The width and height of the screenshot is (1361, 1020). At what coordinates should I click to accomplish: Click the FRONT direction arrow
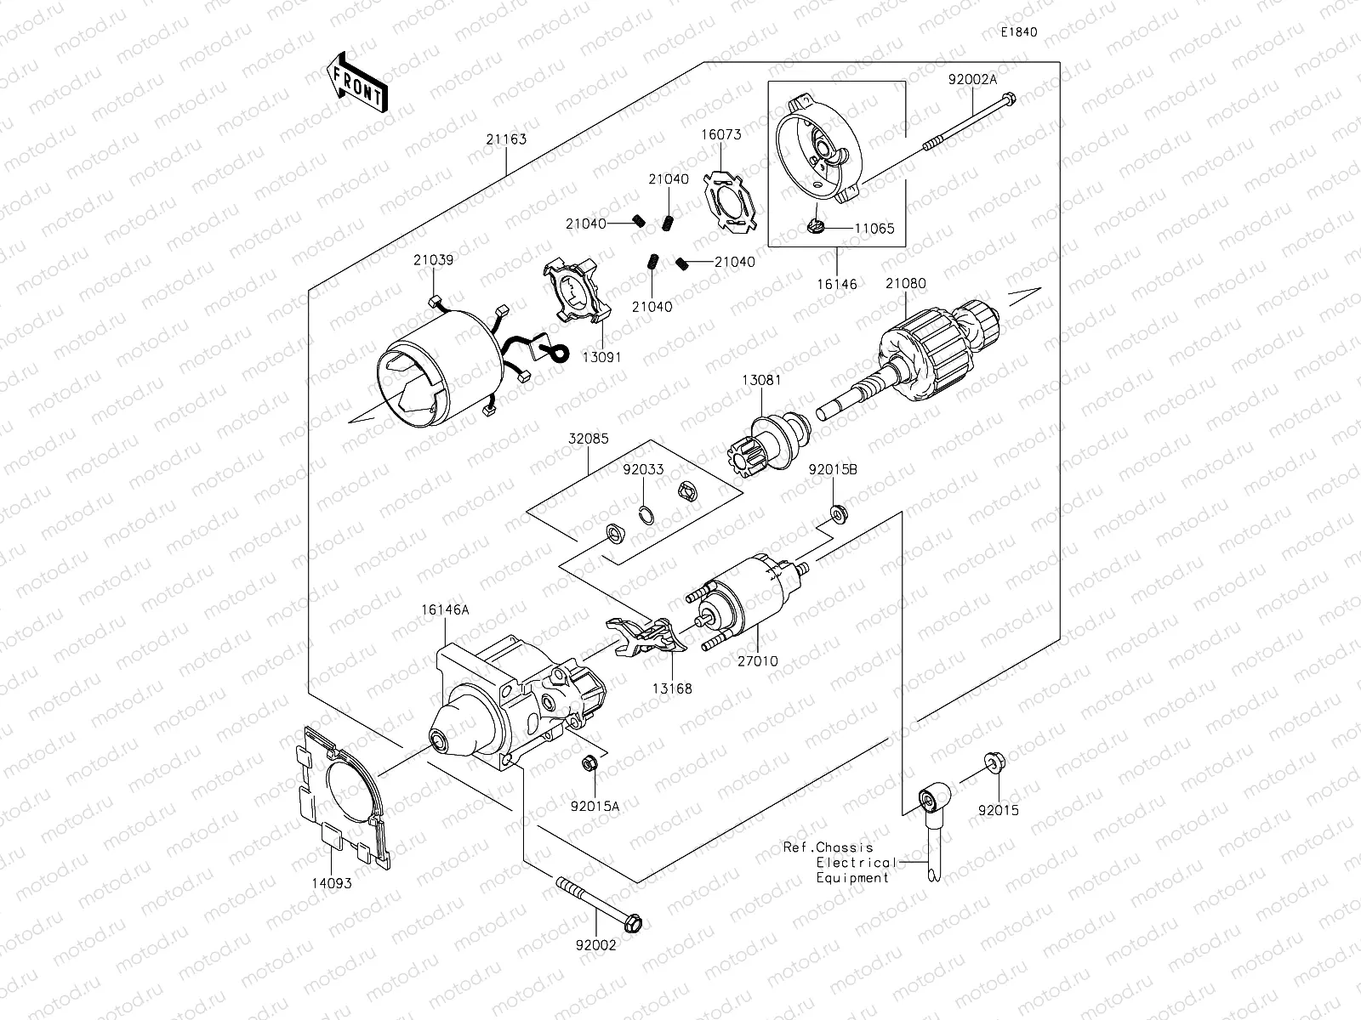[356, 82]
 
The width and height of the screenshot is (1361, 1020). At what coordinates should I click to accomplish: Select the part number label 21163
[505, 139]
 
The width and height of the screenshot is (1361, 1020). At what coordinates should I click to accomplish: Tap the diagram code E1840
[1018, 32]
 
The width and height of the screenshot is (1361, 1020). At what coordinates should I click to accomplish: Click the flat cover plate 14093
[339, 799]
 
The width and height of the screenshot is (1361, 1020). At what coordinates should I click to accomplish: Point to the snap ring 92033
[646, 515]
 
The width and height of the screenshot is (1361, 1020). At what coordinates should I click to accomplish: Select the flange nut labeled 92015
[992, 762]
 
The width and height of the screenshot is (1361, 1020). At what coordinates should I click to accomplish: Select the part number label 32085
[589, 440]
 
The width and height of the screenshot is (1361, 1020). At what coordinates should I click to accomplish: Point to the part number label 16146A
[443, 609]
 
